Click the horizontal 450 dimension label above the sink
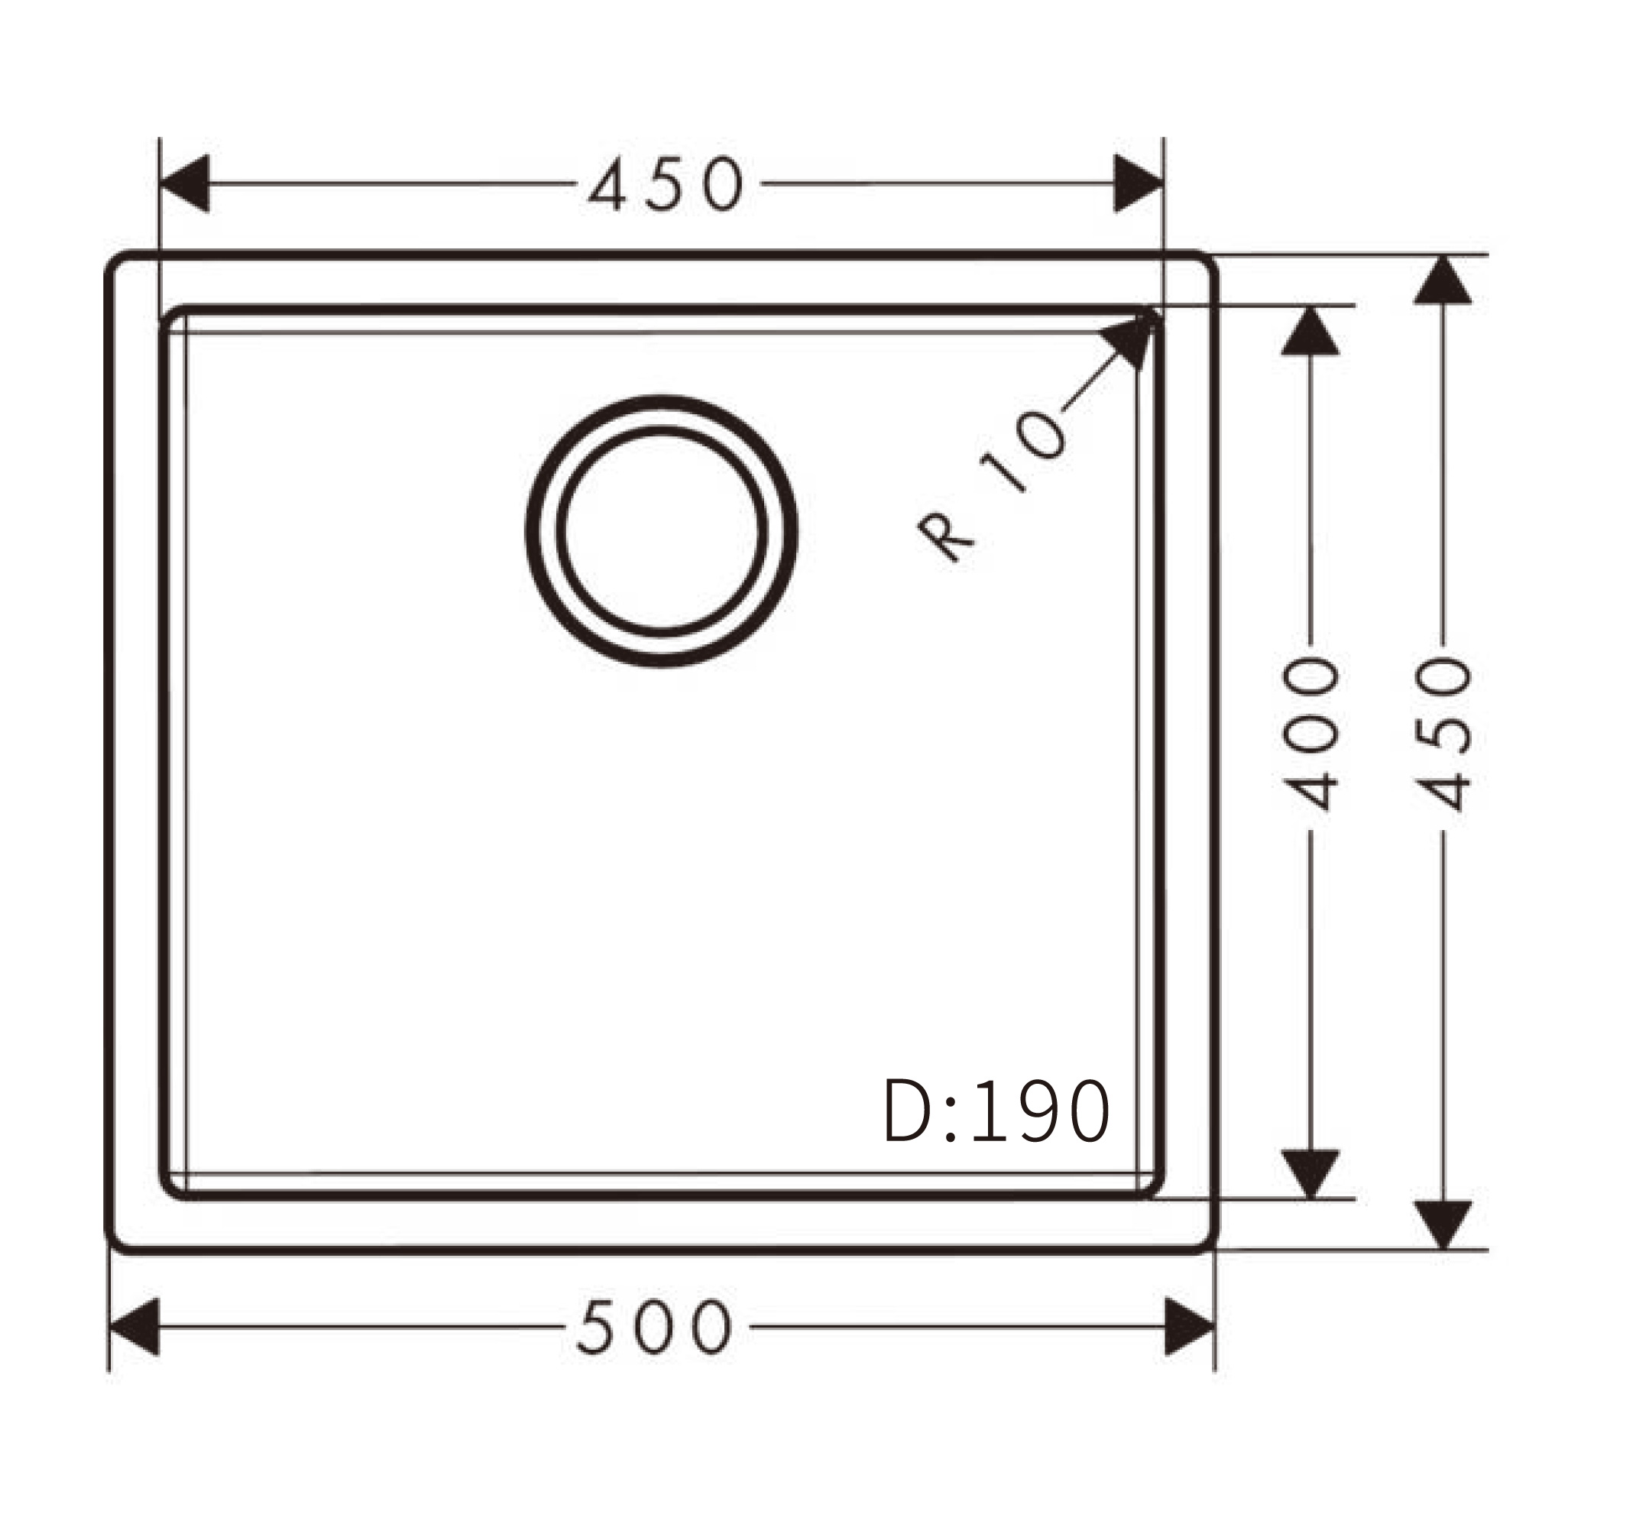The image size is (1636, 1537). point(666,183)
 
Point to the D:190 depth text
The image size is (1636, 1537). point(996,1111)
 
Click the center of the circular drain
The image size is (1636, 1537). point(661,530)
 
